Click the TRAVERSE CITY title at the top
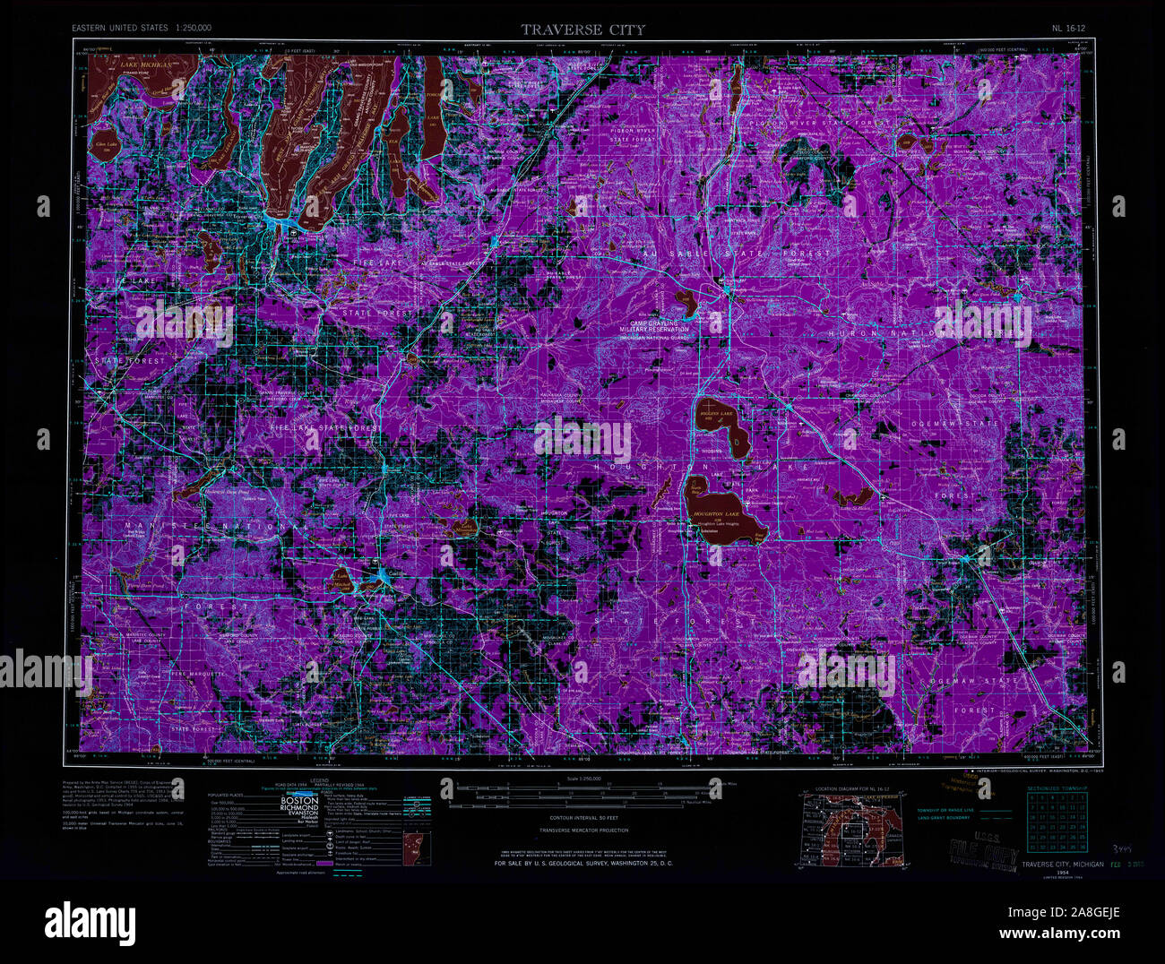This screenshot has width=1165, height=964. (x=582, y=30)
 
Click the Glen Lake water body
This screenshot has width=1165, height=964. (x=107, y=149)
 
